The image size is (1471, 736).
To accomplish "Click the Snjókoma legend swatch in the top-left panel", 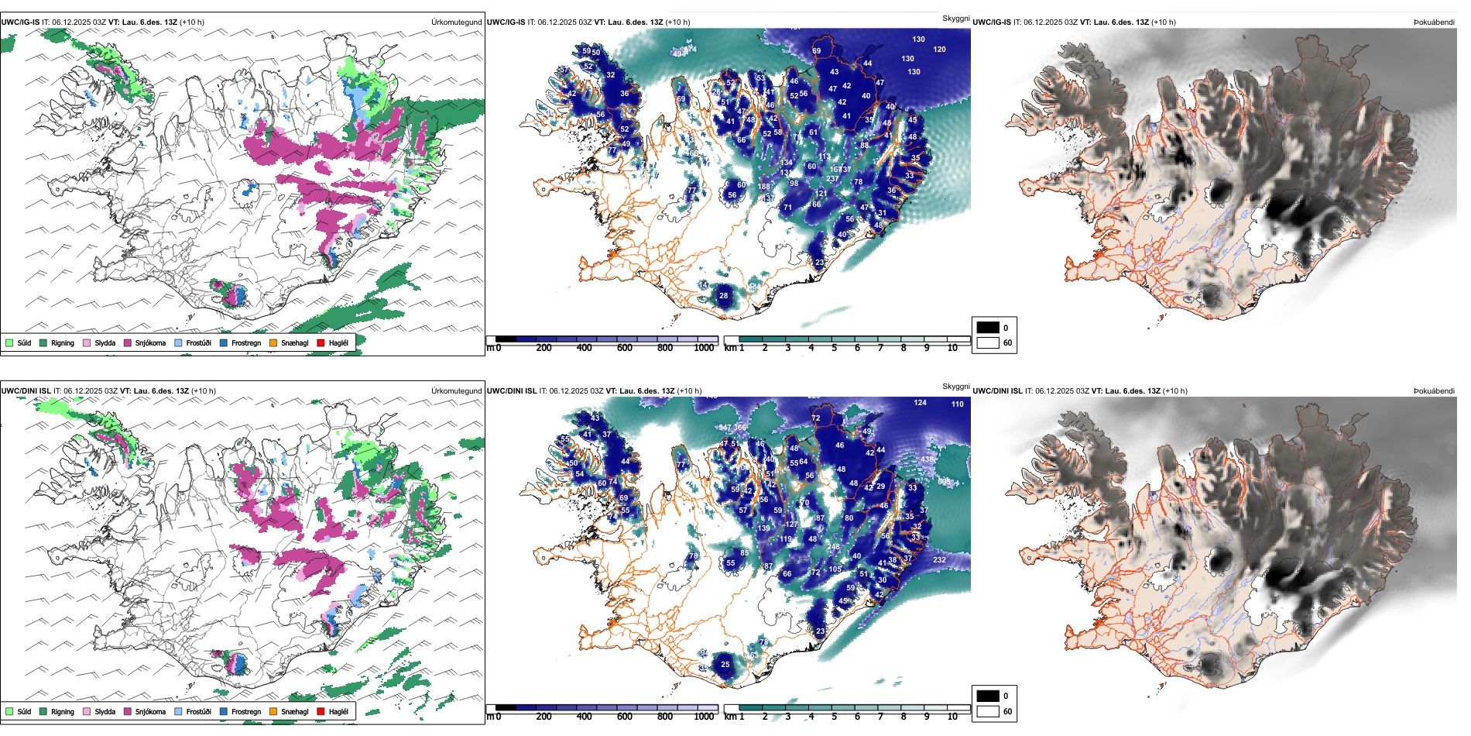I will tap(128, 342).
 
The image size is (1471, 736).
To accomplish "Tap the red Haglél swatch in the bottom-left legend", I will tap(321, 711).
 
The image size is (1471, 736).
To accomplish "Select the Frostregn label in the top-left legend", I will tap(246, 342).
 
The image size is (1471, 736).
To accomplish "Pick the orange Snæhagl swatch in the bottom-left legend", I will tap(273, 711).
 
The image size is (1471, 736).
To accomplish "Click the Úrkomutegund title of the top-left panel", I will tap(456, 22).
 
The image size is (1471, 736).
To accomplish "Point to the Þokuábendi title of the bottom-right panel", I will tap(1434, 391).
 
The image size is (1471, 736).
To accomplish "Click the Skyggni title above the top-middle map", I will tap(955, 18).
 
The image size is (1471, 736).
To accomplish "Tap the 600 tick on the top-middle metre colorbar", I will tap(624, 348).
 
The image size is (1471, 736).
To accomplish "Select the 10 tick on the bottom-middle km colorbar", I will tap(952, 717).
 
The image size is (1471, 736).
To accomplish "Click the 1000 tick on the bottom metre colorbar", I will tap(704, 717).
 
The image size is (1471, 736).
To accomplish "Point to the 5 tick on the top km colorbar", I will tap(834, 348).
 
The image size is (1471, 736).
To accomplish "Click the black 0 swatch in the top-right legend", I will tap(988, 327).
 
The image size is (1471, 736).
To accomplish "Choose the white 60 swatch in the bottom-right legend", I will tap(988, 711).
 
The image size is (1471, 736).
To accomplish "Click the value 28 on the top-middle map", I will tap(723, 296).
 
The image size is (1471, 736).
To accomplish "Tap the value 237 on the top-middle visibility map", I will tap(832, 179).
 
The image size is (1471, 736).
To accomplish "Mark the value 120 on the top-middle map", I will tap(939, 50).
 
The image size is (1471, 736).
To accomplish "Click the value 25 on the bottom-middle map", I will tap(725, 665).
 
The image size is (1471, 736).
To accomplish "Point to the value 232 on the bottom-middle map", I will tap(939, 560).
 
